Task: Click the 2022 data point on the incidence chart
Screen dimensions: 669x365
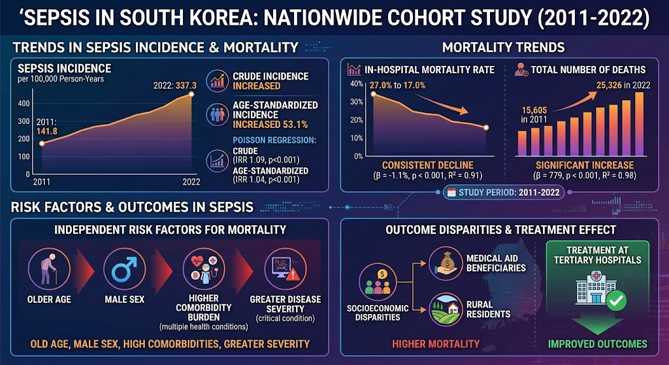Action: (191, 94)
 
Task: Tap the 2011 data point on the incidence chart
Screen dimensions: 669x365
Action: (42, 143)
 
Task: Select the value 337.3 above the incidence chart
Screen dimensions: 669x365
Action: (186, 86)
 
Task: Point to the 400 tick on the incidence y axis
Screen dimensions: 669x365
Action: (24, 103)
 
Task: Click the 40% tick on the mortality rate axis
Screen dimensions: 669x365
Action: (356, 84)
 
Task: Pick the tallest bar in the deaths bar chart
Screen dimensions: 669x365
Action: (639, 124)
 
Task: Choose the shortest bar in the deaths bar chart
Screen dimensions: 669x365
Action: (522, 144)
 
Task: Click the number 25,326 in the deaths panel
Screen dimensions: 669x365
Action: (609, 86)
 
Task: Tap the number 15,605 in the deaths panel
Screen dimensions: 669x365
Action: (534, 110)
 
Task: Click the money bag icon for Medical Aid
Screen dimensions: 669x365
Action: (446, 263)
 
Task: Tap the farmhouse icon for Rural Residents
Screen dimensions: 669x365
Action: (446, 309)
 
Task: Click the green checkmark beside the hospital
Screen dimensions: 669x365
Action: (615, 301)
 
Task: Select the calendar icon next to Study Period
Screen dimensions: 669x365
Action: (451, 193)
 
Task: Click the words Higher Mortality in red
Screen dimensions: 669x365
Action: (436, 343)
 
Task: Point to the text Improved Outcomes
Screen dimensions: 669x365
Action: (597, 343)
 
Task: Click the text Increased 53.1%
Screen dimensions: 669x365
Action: (270, 125)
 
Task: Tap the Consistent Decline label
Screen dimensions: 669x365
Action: (427, 165)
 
